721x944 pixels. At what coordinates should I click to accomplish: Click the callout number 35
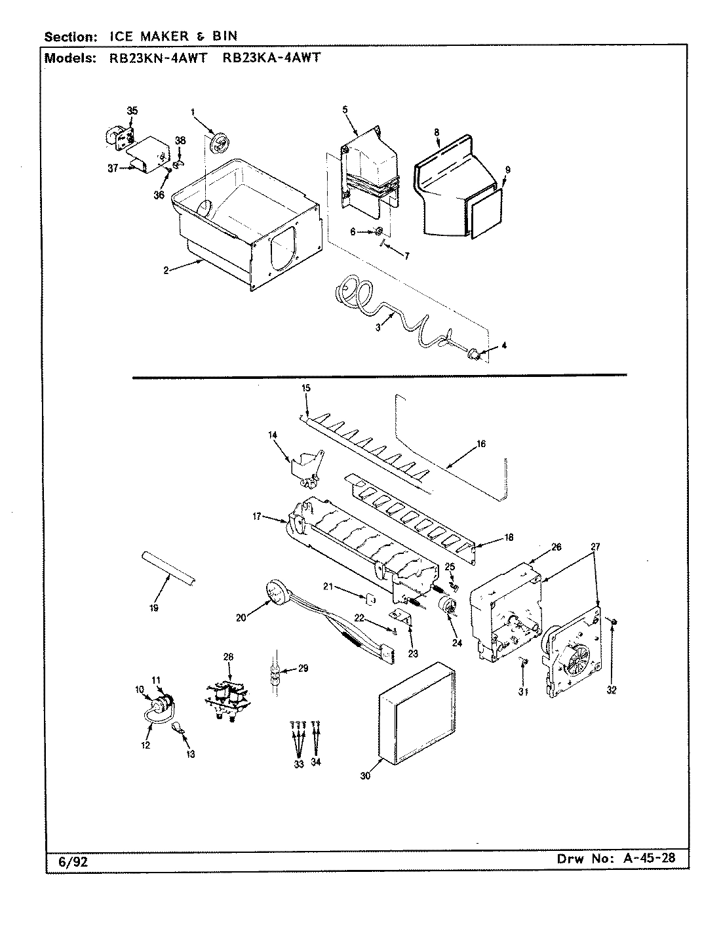click(x=132, y=111)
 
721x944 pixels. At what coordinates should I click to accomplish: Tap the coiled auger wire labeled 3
click(x=387, y=321)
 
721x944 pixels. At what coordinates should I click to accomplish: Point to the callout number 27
click(x=594, y=546)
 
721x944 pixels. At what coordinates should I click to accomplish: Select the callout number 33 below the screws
click(x=299, y=764)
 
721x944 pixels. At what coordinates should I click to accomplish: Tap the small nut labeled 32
click(x=611, y=621)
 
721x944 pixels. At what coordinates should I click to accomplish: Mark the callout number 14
click(x=273, y=434)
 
